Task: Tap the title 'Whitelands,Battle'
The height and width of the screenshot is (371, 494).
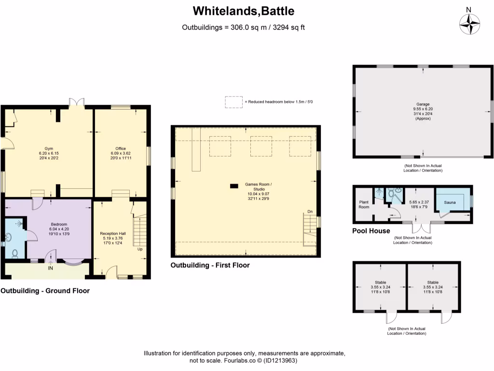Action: click(243, 11)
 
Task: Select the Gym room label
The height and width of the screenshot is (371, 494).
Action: click(49, 148)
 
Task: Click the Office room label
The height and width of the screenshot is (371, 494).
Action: click(120, 148)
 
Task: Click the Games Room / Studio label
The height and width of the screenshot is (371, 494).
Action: click(259, 185)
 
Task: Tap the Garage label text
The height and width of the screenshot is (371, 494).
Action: click(423, 104)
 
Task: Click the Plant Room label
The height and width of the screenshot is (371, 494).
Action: click(363, 204)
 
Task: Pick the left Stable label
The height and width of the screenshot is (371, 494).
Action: click(380, 282)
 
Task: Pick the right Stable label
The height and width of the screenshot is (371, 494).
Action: click(433, 282)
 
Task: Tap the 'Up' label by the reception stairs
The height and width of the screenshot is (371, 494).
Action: click(140, 249)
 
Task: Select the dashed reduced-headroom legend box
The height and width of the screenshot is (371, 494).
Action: click(233, 102)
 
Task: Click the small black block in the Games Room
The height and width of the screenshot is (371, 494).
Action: click(234, 185)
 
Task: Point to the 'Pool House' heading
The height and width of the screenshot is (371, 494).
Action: click(371, 231)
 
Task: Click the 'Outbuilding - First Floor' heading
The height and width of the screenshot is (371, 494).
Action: click(210, 265)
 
